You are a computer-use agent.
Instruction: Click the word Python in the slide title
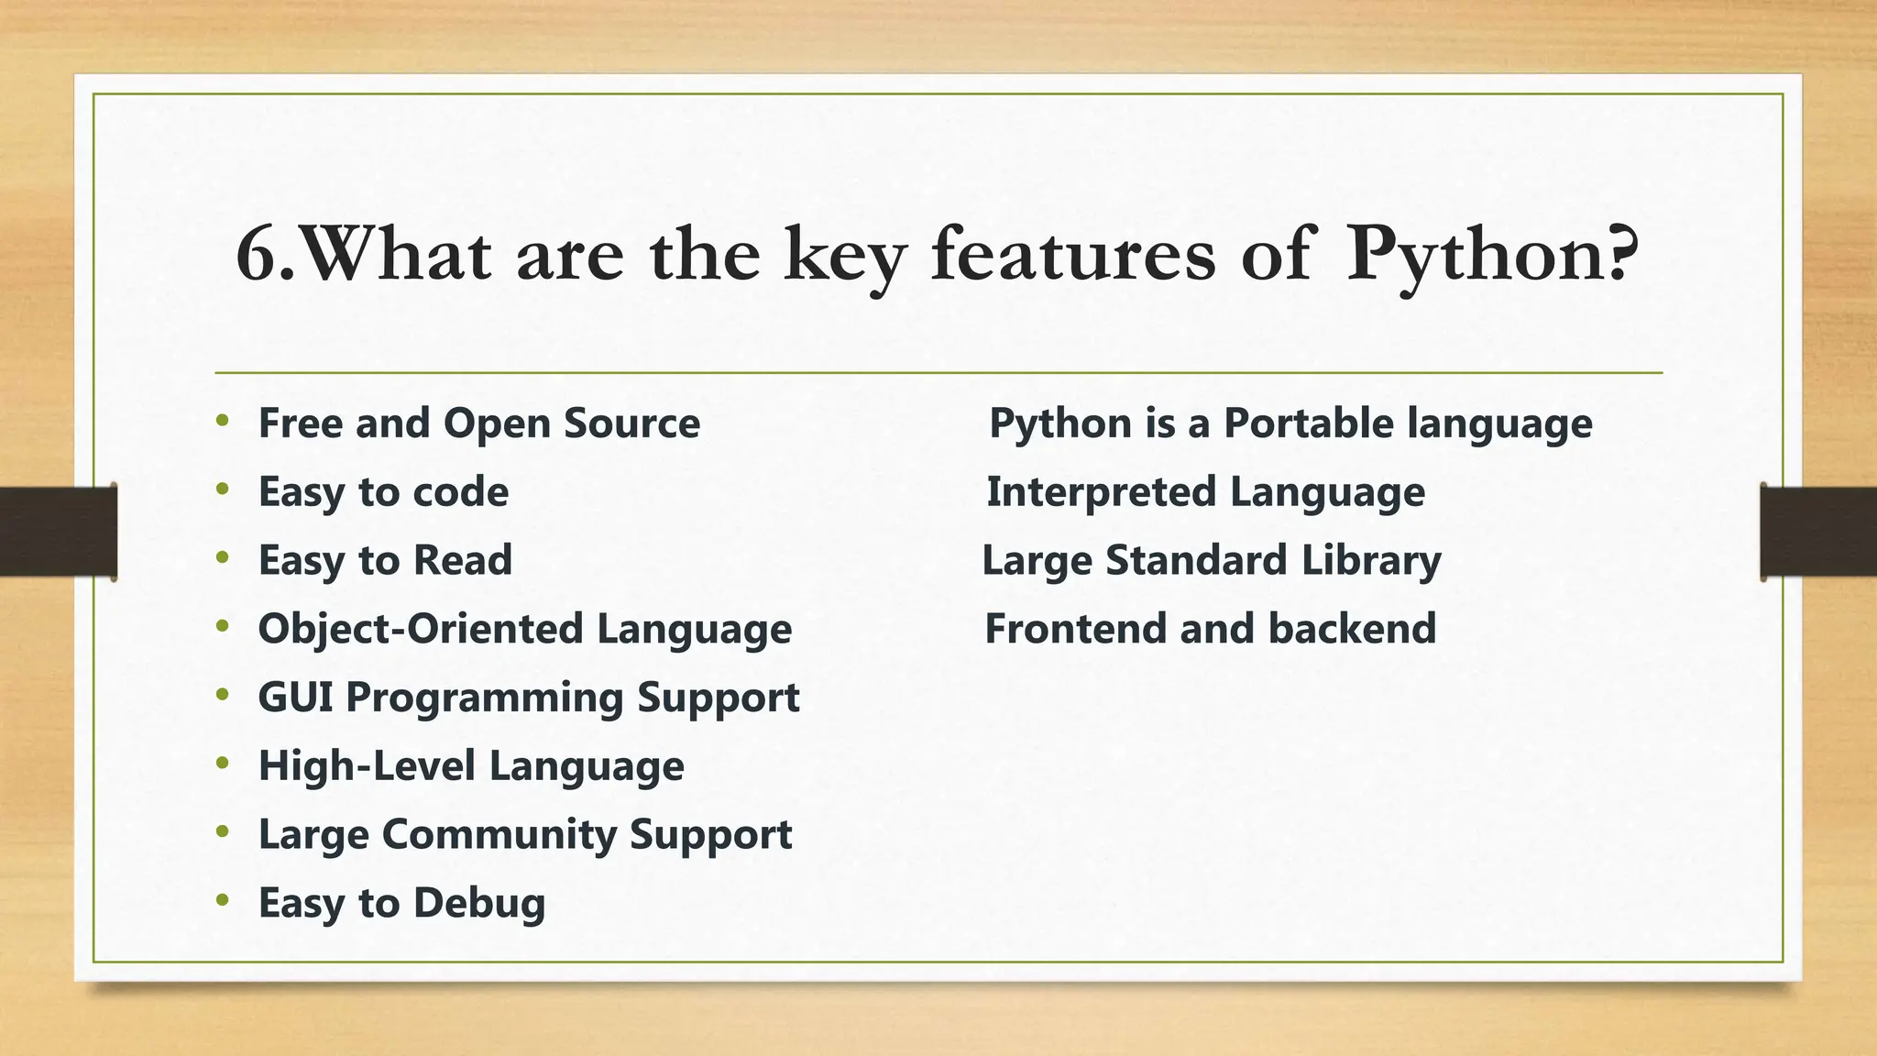(1476, 256)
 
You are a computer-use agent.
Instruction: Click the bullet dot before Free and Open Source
(223, 422)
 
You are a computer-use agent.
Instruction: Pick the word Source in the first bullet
(631, 423)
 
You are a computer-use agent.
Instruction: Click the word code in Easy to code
(460, 492)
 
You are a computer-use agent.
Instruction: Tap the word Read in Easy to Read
(462, 560)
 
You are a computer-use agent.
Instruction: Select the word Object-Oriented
(420, 630)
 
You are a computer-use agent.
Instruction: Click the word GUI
(295, 698)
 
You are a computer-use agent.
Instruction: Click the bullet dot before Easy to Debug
(223, 901)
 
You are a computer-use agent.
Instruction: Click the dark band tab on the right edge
(1818, 532)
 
